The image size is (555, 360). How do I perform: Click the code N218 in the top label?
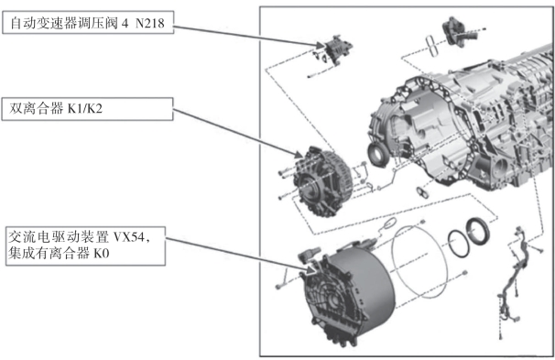click(x=150, y=24)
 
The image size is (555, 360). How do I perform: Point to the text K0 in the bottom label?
click(x=102, y=254)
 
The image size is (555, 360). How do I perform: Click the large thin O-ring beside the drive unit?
click(x=419, y=261)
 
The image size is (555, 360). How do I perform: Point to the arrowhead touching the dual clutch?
click(x=299, y=155)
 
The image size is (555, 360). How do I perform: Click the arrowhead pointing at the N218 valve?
click(x=320, y=45)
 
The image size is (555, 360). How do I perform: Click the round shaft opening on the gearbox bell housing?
click(x=377, y=154)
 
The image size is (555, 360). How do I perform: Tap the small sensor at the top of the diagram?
click(x=458, y=31)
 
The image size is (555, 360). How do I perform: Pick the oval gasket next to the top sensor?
click(x=432, y=45)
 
